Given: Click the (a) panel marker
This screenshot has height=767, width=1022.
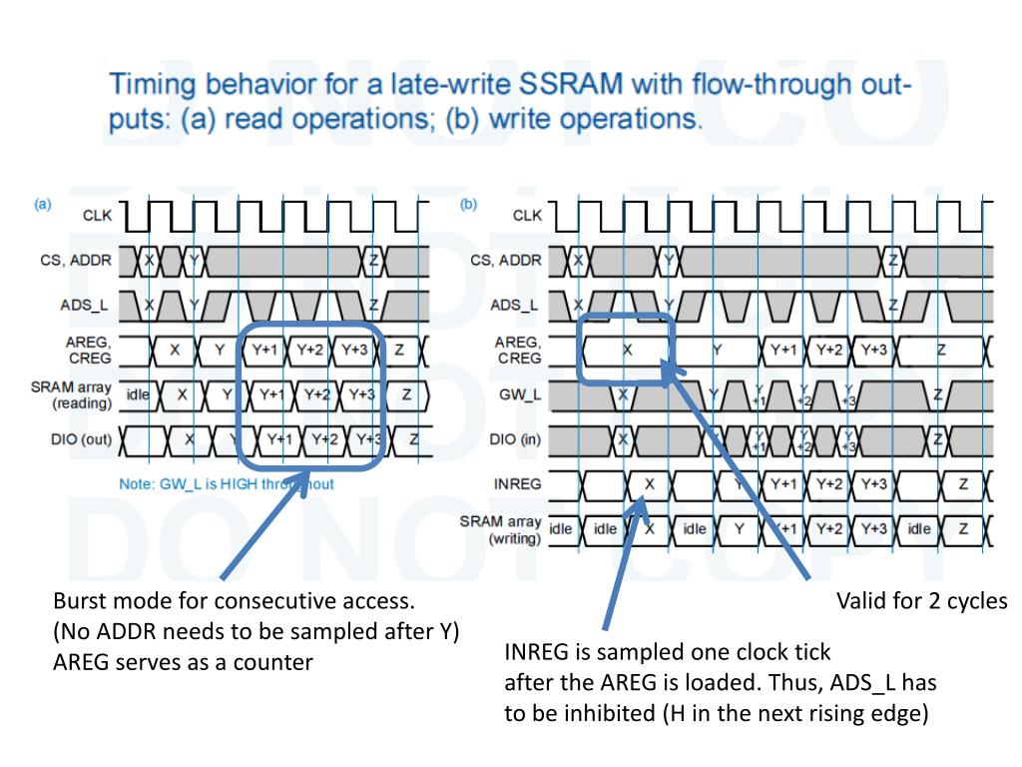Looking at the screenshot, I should [x=43, y=205].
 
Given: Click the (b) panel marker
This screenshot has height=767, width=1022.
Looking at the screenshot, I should [x=468, y=205].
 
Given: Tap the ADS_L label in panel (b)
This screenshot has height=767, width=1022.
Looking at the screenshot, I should [x=517, y=306].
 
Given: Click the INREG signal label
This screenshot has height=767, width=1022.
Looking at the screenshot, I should [x=518, y=484].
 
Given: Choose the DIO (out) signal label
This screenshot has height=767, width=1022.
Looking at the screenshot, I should [x=76, y=439].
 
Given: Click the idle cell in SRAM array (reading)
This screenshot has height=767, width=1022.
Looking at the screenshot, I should [x=138, y=394].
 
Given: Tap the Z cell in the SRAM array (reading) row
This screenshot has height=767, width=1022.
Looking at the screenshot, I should [x=406, y=394].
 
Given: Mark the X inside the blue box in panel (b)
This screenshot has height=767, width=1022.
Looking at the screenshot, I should [x=627, y=350].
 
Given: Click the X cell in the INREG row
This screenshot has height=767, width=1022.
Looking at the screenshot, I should [x=649, y=484].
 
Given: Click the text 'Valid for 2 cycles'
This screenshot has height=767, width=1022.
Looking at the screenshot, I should [x=921, y=601].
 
